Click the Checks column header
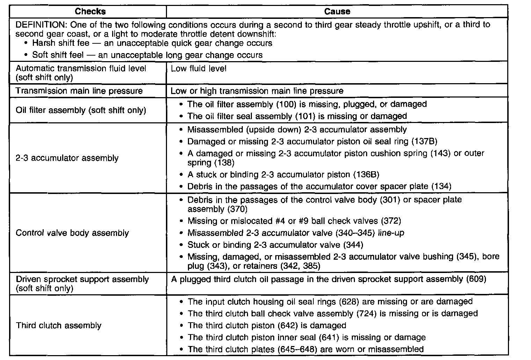[90, 12]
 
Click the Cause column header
[337, 12]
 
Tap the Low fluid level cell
[198, 69]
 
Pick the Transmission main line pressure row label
[79, 91]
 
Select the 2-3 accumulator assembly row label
[67, 158]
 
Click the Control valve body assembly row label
[72, 233]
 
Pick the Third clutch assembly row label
[59, 326]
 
